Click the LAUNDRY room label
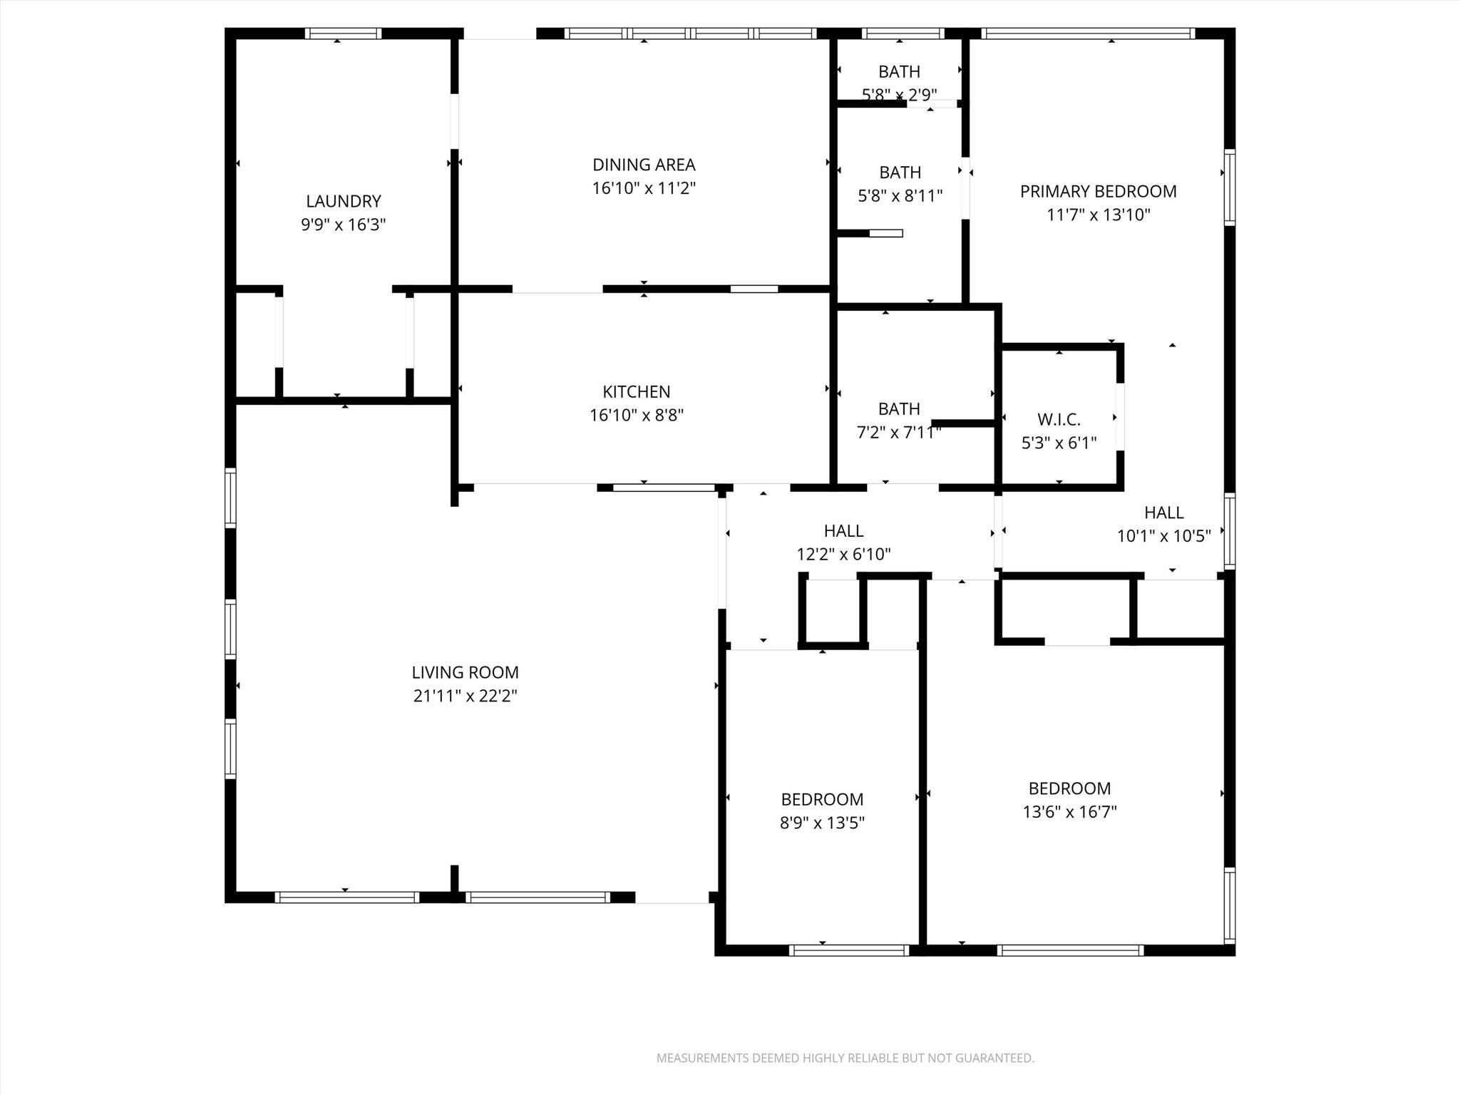click(344, 201)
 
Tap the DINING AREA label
click(644, 165)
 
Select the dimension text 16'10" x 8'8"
click(636, 415)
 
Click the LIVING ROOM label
click(465, 672)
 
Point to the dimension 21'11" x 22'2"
click(465, 696)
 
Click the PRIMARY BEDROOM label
click(1098, 191)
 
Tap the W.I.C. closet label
click(1059, 420)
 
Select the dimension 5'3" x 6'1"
click(1059, 443)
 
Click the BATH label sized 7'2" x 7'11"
click(899, 408)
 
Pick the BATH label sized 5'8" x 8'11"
click(900, 173)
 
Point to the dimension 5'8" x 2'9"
click(899, 94)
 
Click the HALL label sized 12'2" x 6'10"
click(843, 530)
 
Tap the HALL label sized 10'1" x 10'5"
click(1163, 513)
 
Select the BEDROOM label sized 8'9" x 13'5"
click(822, 799)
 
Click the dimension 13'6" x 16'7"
click(1069, 812)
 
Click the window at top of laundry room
click(343, 34)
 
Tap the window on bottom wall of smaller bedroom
click(848, 950)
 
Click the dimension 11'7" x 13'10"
click(1098, 215)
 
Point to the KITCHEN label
click(636, 391)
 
